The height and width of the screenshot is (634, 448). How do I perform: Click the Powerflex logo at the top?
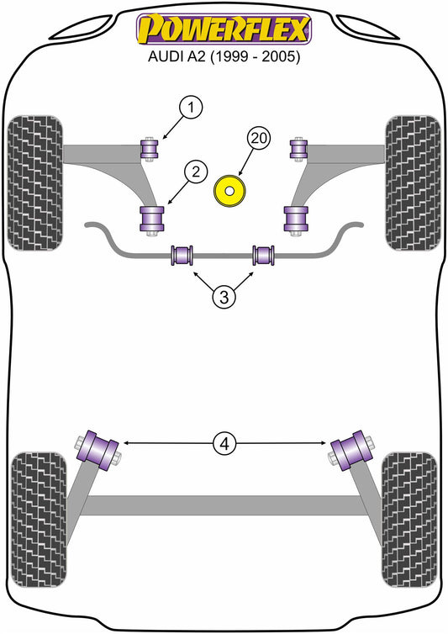(x=224, y=29)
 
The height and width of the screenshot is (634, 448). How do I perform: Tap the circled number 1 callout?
(x=190, y=108)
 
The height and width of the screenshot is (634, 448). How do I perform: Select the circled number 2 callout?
(x=196, y=172)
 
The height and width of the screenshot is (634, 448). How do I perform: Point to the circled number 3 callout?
(x=224, y=298)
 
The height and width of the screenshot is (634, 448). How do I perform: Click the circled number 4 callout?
(x=224, y=444)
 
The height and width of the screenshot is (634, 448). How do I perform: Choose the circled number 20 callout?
(x=259, y=138)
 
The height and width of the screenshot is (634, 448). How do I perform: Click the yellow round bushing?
(x=229, y=191)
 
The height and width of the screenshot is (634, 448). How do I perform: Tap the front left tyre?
(x=35, y=182)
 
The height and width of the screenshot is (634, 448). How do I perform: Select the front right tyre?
(x=413, y=182)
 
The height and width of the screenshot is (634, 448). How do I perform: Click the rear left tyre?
(x=39, y=520)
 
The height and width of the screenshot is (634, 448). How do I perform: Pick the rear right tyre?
(x=409, y=520)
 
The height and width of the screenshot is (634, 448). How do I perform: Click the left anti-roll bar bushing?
(x=182, y=256)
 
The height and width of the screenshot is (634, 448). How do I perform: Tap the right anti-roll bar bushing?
(x=263, y=256)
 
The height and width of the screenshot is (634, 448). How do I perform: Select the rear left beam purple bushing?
(x=98, y=451)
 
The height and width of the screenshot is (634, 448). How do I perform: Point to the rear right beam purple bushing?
(x=351, y=451)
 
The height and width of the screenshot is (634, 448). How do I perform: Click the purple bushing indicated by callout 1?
(x=150, y=149)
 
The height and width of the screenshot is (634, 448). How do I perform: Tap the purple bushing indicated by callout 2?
(x=152, y=219)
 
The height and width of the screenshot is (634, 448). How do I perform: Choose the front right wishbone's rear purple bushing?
(x=296, y=219)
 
